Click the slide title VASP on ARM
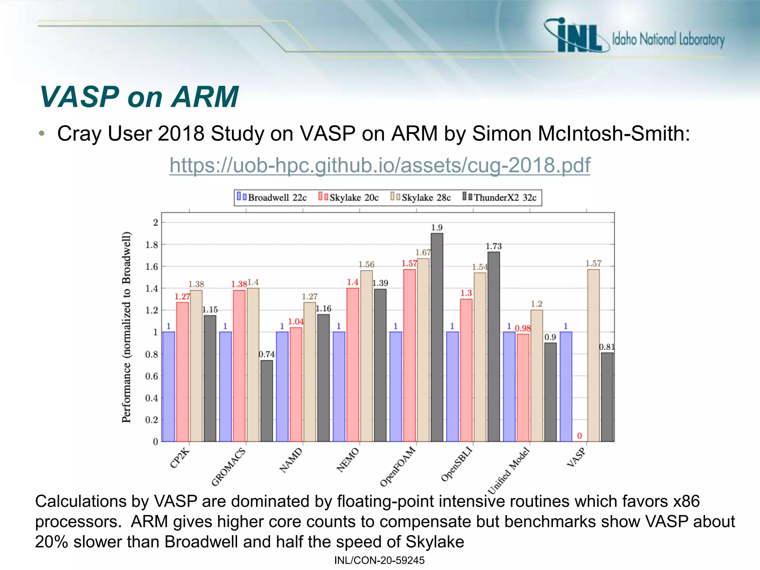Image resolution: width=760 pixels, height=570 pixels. click(139, 97)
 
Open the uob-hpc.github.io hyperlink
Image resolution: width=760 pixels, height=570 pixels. click(380, 165)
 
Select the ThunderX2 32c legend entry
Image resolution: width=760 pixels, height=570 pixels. click(500, 197)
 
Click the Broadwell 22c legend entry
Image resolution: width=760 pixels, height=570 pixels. click(272, 197)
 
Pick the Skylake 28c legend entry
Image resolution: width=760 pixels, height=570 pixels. click(421, 197)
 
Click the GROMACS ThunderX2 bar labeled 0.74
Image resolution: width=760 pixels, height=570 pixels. click(266, 401)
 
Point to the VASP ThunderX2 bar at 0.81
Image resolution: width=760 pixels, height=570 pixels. click(607, 397)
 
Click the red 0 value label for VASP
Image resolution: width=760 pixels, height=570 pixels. click(579, 436)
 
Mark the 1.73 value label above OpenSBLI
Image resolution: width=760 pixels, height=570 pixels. click(494, 246)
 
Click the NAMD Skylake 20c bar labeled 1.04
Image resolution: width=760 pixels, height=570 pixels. click(296, 384)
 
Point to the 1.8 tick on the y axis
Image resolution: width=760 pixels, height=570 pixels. click(151, 245)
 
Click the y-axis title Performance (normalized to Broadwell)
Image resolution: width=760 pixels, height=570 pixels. click(127, 327)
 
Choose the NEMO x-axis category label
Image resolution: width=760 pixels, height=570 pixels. click(348, 460)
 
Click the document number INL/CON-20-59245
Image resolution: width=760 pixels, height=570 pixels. click(379, 560)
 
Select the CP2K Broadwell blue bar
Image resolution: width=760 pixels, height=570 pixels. click(168, 386)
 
